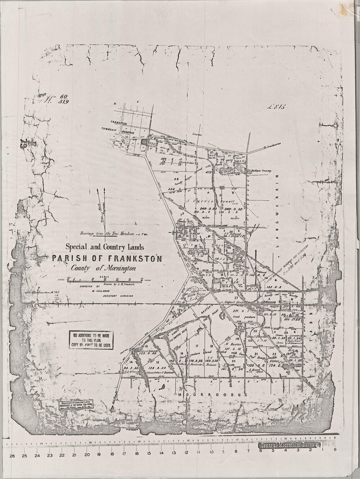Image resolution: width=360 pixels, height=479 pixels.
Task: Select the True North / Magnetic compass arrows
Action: coord(102,211)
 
